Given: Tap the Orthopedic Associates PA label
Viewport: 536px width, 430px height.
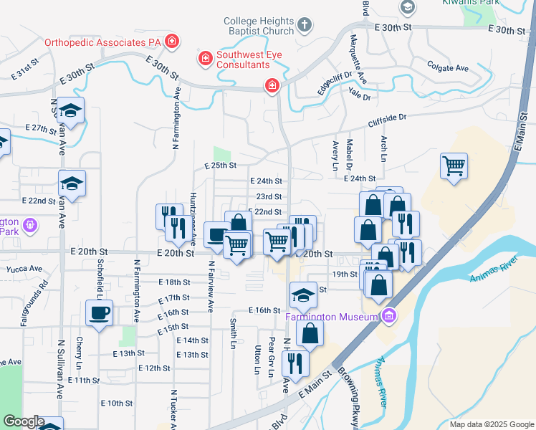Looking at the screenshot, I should click(102, 42).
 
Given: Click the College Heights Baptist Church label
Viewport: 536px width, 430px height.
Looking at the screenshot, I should click(259, 27).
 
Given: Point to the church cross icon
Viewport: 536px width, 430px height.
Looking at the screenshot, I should click(304, 27).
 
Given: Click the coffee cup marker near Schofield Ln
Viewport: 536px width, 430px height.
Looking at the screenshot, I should click(99, 312).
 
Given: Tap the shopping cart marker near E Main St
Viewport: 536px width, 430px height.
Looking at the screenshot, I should click(454, 167).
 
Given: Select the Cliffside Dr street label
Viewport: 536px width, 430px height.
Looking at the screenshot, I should click(388, 117).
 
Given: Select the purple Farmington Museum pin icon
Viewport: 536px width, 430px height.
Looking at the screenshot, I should click(388, 315).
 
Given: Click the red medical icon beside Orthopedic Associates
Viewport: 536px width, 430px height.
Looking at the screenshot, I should click(171, 42).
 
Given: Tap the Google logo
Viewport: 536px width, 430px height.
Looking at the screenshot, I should click(24, 421).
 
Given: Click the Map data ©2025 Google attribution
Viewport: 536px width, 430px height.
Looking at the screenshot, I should click(491, 424).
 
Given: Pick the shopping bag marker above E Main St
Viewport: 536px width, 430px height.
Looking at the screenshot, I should click(310, 333).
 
